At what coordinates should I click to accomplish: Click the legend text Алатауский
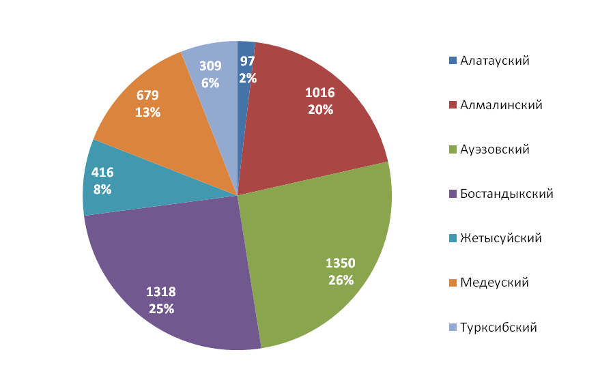495,61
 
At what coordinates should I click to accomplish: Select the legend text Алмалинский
501,105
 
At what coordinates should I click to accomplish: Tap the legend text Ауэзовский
495,149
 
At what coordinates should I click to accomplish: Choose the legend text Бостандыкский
506,194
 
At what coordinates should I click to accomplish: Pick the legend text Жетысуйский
501,238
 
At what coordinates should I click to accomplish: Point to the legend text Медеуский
494,283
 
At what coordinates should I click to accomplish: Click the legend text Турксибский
498,327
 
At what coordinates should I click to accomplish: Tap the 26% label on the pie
341,280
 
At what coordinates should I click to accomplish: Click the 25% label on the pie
162,308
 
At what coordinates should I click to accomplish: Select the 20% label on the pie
319,108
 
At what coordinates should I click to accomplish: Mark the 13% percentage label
147,112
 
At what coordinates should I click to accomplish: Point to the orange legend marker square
453,283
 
